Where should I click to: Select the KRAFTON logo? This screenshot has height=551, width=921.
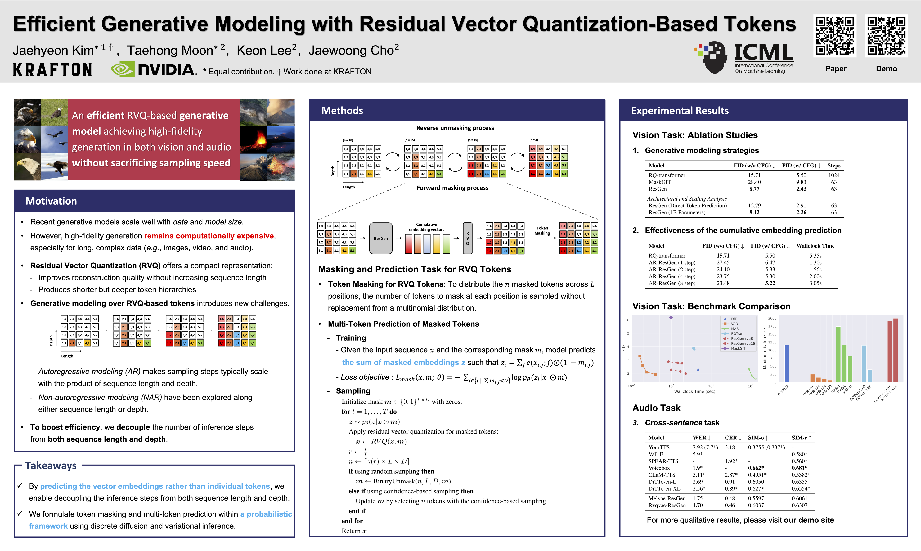tap(52, 69)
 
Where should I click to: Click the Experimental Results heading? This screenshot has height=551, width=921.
tap(680, 111)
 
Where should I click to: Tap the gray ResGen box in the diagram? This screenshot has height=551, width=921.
tap(381, 238)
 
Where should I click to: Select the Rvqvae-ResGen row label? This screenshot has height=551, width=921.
tap(667, 505)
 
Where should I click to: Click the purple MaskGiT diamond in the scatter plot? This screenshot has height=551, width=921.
tap(671, 317)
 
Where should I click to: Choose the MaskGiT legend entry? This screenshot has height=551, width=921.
tap(737, 348)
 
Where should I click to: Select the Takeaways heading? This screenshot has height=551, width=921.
tap(51, 466)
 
